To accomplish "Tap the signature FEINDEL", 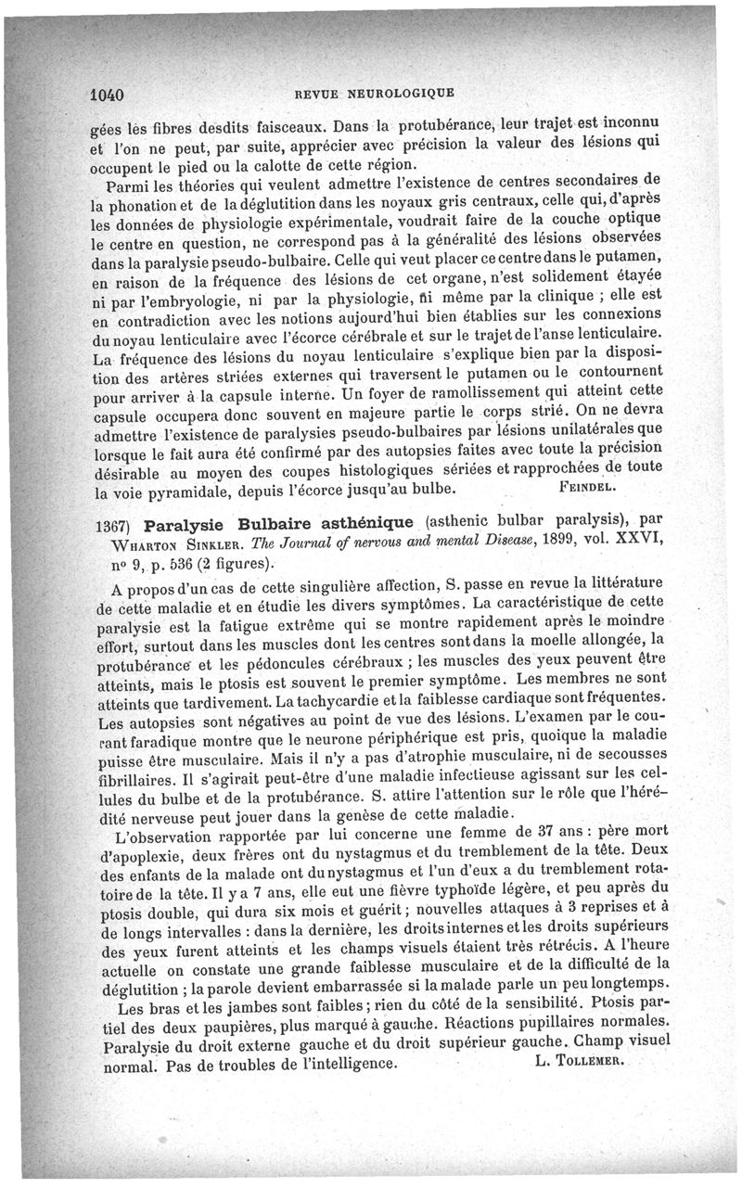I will tap(594, 485).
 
